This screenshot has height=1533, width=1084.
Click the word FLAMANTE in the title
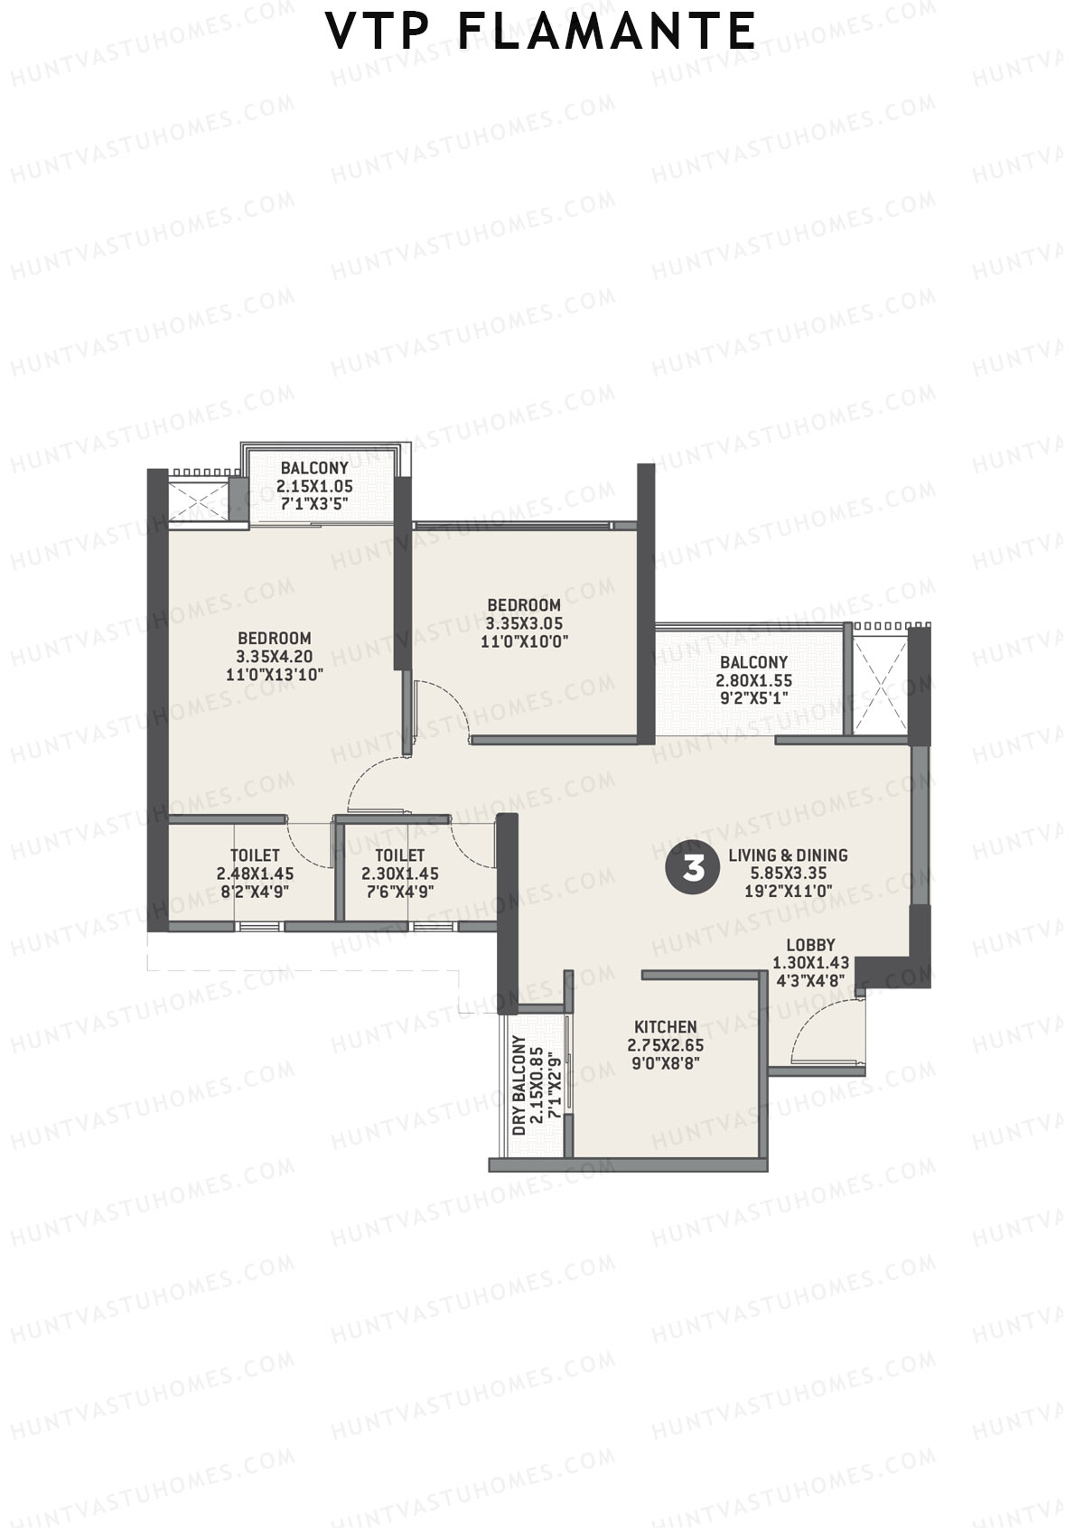tap(607, 32)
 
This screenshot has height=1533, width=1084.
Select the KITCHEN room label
tap(665, 1027)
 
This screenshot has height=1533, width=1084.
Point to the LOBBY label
tap(810, 945)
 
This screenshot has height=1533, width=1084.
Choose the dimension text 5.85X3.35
tap(788, 874)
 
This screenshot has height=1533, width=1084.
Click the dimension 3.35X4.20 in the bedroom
tap(274, 656)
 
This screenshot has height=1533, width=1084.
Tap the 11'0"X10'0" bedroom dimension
tap(523, 641)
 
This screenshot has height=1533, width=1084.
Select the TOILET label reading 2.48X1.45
tap(255, 855)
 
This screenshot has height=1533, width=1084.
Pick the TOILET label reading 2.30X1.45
tap(399, 855)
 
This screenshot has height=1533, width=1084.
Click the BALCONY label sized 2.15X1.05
tap(313, 468)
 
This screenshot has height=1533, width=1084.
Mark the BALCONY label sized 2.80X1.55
tap(753, 662)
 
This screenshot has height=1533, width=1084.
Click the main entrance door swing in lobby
tap(824, 1030)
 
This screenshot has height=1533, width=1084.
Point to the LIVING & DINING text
tap(788, 855)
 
